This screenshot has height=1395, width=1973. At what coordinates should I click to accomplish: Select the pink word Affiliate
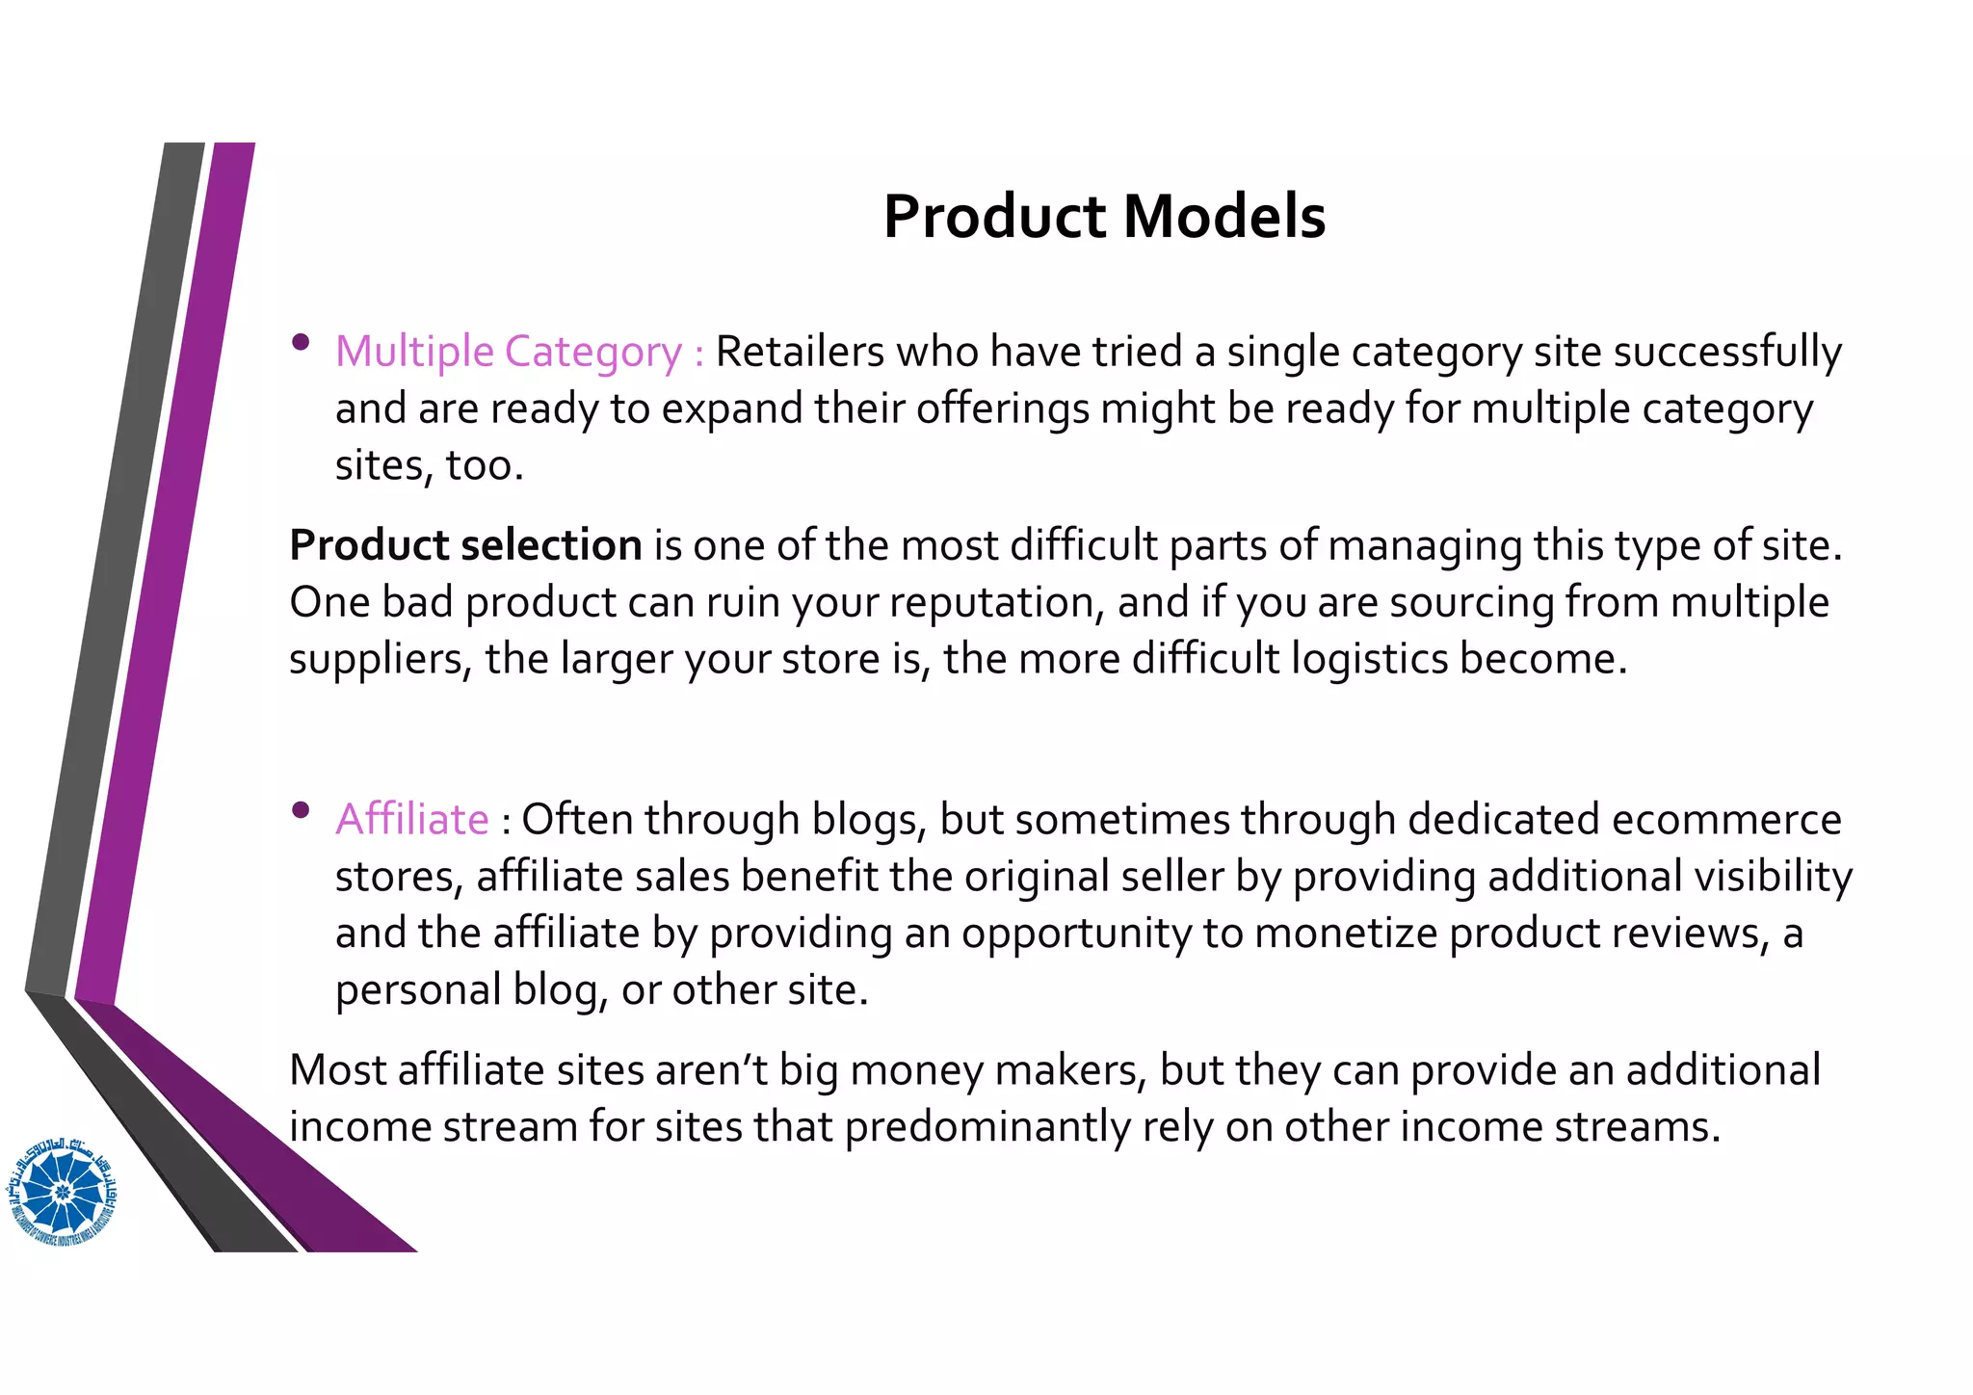pyautogui.click(x=412, y=820)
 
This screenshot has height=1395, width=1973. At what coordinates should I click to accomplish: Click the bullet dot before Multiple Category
pyautogui.click(x=301, y=342)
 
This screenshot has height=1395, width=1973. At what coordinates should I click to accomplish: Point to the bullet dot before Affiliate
pyautogui.click(x=301, y=810)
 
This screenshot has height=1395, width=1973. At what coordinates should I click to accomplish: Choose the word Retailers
pyautogui.click(x=800, y=352)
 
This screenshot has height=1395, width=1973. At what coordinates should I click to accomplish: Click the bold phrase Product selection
pyautogui.click(x=465, y=545)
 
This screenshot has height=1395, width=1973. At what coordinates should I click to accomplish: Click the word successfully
pyautogui.click(x=1727, y=352)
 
